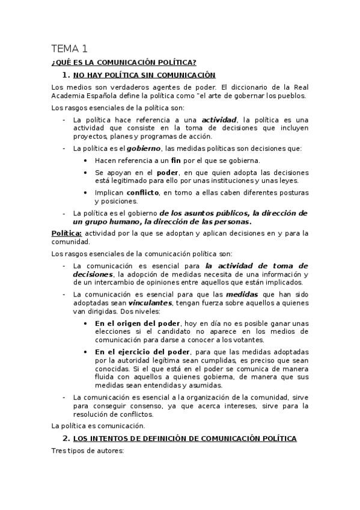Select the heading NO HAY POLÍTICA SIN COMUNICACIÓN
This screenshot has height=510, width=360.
coord(144,75)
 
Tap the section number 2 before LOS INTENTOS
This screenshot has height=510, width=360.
coord(67,438)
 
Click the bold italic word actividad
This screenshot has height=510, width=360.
coord(219,120)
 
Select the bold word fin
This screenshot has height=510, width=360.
coord(175,161)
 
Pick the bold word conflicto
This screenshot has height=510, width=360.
coord(142,192)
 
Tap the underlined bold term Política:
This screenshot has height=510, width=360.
coord(67,233)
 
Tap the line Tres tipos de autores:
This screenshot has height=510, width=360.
coord(88,452)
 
